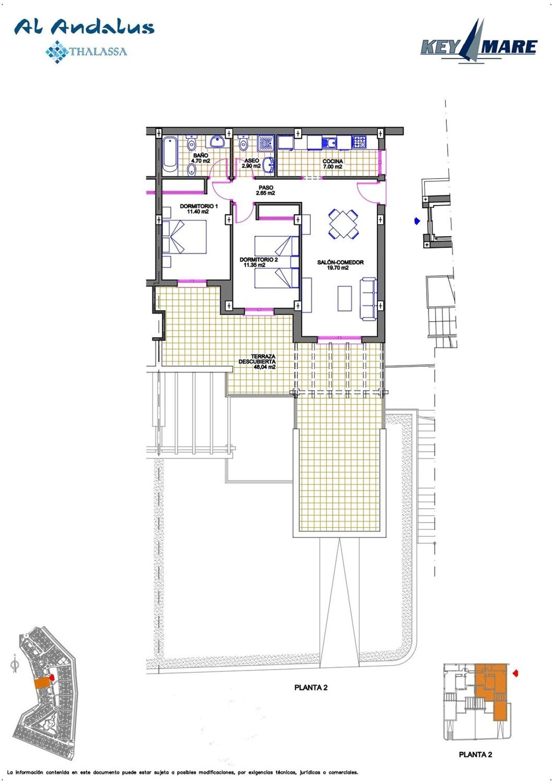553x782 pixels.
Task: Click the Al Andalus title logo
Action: pyautogui.click(x=84, y=27)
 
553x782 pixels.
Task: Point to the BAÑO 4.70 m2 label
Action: pyautogui.click(x=201, y=158)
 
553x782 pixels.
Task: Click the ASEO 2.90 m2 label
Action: pyautogui.click(x=251, y=164)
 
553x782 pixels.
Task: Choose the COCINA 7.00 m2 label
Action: pyautogui.click(x=333, y=164)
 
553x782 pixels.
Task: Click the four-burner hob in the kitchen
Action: pyautogui.click(x=359, y=141)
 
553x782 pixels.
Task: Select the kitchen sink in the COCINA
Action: pyautogui.click(x=329, y=142)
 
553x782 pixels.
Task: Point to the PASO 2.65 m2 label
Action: pyautogui.click(x=265, y=190)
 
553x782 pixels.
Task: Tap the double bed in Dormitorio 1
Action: pyautogui.click(x=184, y=237)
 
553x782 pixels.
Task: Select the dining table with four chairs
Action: pyautogui.click(x=343, y=224)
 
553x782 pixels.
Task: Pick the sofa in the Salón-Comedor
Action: pyautogui.click(x=368, y=299)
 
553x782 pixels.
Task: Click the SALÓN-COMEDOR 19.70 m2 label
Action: pyautogui.click(x=340, y=265)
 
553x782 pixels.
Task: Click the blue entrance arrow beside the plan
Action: pyautogui.click(x=417, y=221)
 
